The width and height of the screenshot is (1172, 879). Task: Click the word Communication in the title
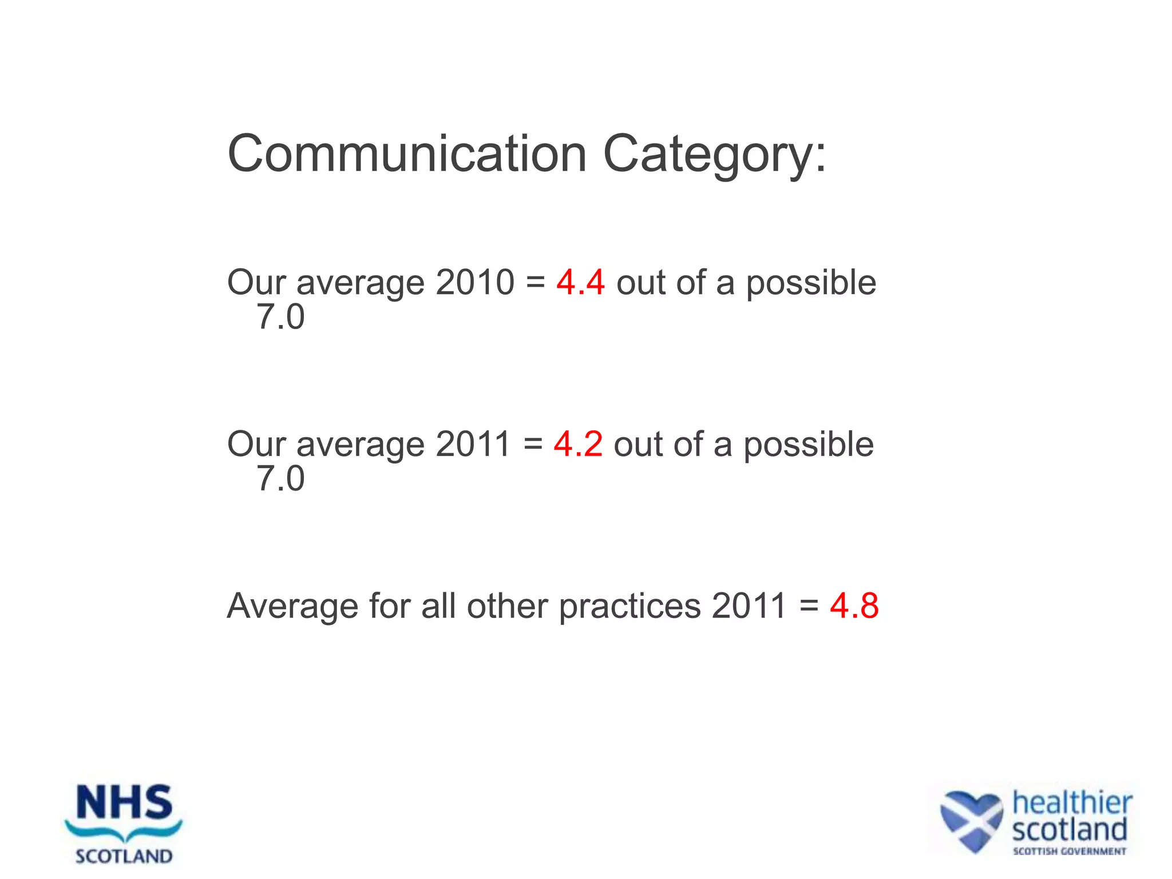(407, 153)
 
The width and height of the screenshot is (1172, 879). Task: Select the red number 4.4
(580, 282)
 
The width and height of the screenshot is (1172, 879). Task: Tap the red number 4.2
(578, 444)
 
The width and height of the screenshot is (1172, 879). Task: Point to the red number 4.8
(854, 605)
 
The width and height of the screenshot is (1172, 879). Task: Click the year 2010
(474, 282)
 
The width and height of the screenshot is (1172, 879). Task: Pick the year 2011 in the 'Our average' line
(473, 444)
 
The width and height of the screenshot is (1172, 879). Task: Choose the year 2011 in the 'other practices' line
(749, 605)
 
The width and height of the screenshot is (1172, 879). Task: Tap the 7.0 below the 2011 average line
(280, 478)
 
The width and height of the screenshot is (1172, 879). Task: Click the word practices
(629, 607)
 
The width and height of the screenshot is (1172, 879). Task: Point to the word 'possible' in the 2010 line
(811, 283)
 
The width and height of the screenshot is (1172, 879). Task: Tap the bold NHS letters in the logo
(124, 802)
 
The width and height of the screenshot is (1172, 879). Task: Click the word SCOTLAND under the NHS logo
(124, 856)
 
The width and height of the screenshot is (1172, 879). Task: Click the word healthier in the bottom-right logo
(1072, 802)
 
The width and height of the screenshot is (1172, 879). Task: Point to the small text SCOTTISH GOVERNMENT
(1069, 852)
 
